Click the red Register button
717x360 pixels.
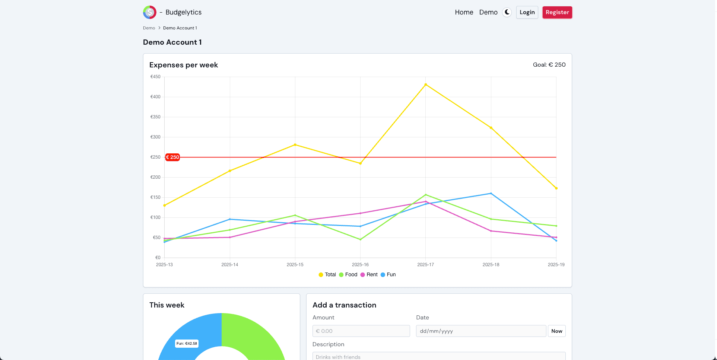coord(557,12)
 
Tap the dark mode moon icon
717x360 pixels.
coord(507,12)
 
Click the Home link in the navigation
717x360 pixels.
coord(464,12)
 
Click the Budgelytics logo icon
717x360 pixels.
coord(150,12)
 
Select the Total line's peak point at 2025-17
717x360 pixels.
coord(425,85)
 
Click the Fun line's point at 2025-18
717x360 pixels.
coord(491,194)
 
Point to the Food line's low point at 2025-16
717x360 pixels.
coord(360,239)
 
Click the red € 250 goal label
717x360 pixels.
coord(172,157)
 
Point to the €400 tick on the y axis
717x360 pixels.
coord(155,97)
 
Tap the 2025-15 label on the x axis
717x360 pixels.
coord(295,265)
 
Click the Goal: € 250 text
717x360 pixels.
coord(549,65)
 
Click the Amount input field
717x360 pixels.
coord(361,331)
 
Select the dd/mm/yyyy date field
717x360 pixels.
coord(480,331)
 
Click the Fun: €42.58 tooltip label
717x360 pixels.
coord(187,344)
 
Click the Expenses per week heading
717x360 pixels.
coord(184,65)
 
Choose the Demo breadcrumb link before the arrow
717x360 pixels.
coord(149,28)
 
